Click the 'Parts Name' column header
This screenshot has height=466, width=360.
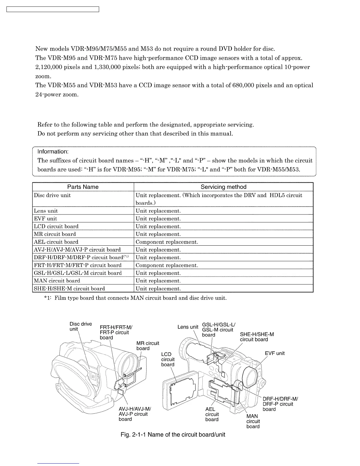83,187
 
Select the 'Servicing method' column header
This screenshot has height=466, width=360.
223,187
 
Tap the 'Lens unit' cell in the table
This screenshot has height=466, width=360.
46,211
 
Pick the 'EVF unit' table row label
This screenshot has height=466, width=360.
46,219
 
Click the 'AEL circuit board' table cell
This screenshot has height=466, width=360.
56,242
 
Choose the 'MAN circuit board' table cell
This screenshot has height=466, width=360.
57,281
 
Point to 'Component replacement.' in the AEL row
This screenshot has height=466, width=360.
167,242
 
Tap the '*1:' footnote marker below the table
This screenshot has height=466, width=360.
48,298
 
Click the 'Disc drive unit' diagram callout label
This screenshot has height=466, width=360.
80,326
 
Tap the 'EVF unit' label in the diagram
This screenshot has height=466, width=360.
275,353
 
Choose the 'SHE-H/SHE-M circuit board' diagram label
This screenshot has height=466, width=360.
256,337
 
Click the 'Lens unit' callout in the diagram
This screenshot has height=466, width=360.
188,327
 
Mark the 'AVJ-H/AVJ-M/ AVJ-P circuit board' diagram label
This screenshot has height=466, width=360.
134,414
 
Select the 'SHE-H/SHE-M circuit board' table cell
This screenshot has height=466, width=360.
69,289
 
